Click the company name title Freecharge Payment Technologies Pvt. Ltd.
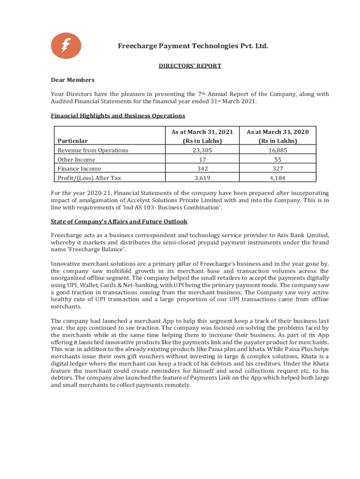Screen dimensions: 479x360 point(193,46)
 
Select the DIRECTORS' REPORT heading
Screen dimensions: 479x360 point(189,66)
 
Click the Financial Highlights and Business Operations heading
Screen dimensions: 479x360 point(118,116)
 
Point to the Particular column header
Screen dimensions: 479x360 point(72,140)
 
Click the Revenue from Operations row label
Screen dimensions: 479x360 point(93,150)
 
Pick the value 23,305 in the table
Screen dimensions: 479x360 point(202,150)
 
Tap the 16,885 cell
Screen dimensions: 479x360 point(278,150)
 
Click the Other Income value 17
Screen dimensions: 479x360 point(202,160)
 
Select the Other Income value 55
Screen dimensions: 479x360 point(278,160)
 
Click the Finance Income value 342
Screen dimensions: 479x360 point(202,168)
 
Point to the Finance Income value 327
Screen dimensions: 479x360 point(278,168)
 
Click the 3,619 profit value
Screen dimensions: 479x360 point(202,178)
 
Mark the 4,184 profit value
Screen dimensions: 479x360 point(278,178)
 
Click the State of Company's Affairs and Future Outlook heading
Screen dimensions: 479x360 point(119,221)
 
